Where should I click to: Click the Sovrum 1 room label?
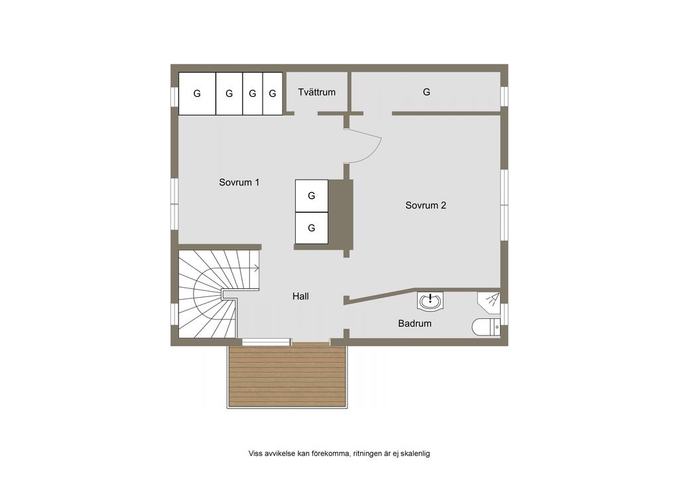pos(239,182)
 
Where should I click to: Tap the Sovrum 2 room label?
pos(426,205)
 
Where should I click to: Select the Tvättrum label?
pos(316,91)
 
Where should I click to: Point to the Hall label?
pos(300,296)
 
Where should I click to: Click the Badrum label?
pos(415,324)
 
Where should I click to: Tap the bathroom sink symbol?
pos(430,300)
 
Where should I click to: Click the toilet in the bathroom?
pos(486,328)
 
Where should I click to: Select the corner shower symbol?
pos(489,300)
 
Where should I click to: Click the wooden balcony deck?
pos(288,375)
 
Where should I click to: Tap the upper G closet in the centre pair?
pos(312,196)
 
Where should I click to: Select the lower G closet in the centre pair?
pos(312,228)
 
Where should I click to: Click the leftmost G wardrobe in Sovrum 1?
pos(197,93)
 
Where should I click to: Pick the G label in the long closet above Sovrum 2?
pos(426,91)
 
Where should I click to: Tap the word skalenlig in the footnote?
pos(415,453)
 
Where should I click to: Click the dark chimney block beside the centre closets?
pos(340,214)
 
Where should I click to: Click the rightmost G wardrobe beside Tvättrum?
pos(273,93)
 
